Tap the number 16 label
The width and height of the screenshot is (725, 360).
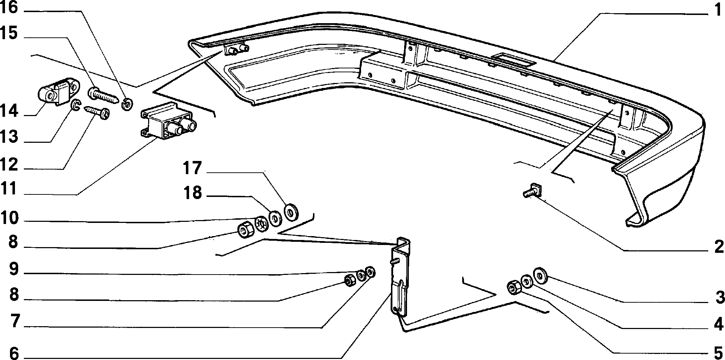[9, 7]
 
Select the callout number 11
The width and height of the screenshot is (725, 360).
[9, 189]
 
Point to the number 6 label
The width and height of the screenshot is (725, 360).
[14, 354]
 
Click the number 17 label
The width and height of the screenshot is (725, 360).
[192, 168]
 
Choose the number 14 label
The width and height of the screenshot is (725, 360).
[9, 111]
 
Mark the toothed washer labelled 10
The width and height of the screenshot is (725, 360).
[261, 224]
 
